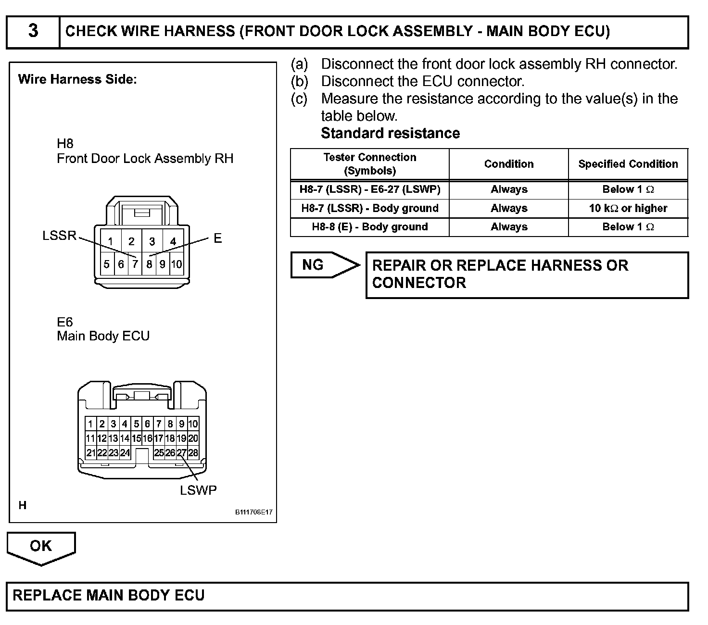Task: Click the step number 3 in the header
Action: pyautogui.click(x=33, y=31)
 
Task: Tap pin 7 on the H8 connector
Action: pyautogui.click(x=135, y=264)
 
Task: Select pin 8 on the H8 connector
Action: pyautogui.click(x=149, y=264)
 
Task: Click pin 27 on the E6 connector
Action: pyautogui.click(x=181, y=452)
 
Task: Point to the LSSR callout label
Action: pyautogui.click(x=60, y=236)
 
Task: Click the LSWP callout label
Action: pyautogui.click(x=198, y=490)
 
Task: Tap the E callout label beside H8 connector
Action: pyautogui.click(x=218, y=238)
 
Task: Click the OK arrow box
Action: pyautogui.click(x=41, y=546)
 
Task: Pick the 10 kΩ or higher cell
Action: pyautogui.click(x=628, y=208)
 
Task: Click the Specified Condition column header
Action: pyautogui.click(x=628, y=164)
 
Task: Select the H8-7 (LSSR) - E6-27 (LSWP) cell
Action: pyautogui.click(x=370, y=189)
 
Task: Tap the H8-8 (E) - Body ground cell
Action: pyautogui.click(x=370, y=227)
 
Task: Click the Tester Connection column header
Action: pyautogui.click(x=370, y=164)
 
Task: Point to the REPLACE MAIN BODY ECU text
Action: pyautogui.click(x=109, y=595)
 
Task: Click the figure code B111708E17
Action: pyautogui.click(x=253, y=512)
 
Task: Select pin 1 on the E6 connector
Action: pyautogui.click(x=90, y=424)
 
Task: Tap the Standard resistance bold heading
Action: pyautogui.click(x=390, y=133)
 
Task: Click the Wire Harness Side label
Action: pyautogui.click(x=77, y=79)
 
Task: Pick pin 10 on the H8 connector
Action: pyautogui.click(x=177, y=264)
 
